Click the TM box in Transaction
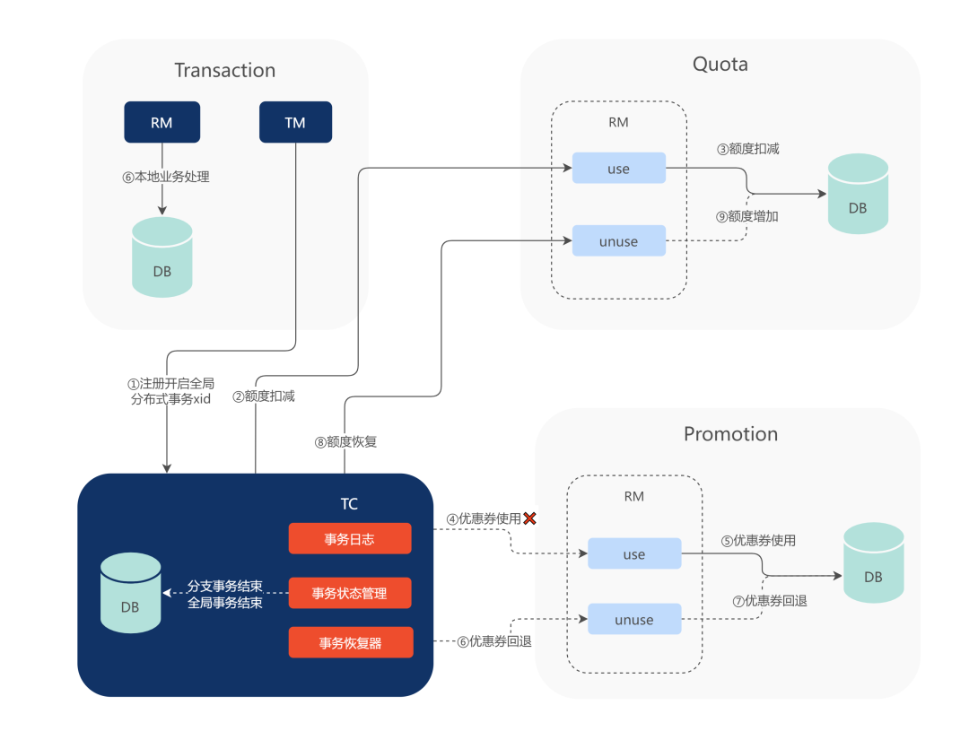[295, 123]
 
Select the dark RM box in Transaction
[161, 123]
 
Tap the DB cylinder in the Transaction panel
[162, 257]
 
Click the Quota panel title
[720, 64]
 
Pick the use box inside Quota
[618, 169]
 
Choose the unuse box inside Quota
[618, 240]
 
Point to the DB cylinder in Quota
[858, 195]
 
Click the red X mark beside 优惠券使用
[529, 518]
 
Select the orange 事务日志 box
[350, 538]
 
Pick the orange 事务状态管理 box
[350, 593]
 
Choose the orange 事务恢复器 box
[350, 642]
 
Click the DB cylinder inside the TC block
[131, 594]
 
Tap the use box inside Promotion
[634, 554]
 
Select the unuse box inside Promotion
[634, 620]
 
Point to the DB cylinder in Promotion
[873, 563]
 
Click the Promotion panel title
[730, 434]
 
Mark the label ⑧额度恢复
[345, 440]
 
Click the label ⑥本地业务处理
[166, 177]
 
